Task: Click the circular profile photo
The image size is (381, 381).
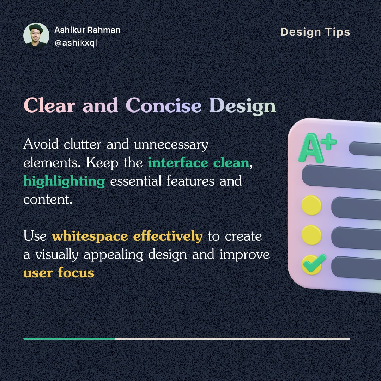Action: pos(36,35)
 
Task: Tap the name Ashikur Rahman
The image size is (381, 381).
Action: pos(87,30)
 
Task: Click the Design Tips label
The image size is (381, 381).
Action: pos(315,32)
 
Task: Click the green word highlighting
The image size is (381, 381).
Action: pos(64,181)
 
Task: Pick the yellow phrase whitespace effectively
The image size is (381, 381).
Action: pos(127,236)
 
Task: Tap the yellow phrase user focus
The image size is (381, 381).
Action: pos(59,273)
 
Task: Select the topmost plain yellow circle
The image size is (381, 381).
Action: pos(312,205)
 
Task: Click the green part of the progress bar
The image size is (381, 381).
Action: pos(69,339)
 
